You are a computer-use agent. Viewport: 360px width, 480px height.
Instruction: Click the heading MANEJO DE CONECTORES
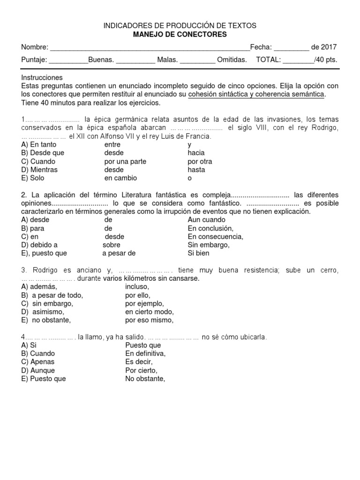pos(180,34)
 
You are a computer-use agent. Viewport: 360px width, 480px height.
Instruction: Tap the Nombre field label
pos(34,47)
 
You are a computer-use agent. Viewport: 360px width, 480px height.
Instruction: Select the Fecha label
pos(260,47)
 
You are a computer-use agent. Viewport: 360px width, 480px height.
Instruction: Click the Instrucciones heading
pos(42,77)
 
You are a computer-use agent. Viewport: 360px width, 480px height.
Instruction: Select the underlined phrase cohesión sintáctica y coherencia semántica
pos(256,94)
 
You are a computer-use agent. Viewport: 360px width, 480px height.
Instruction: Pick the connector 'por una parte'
pos(125,161)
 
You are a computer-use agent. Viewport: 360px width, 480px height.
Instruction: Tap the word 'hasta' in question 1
pos(196,170)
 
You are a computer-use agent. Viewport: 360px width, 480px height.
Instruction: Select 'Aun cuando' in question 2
pos(206,219)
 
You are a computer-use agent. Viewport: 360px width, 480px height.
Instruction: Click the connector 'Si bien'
pos(198,253)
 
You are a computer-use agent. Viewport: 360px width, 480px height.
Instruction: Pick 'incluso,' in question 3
pos(137,286)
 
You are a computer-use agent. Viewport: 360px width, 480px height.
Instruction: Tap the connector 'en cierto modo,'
pos(149,312)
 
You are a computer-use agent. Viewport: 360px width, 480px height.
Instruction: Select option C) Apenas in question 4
pos(38,362)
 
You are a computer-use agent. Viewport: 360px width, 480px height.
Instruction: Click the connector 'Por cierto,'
pos(141,370)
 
